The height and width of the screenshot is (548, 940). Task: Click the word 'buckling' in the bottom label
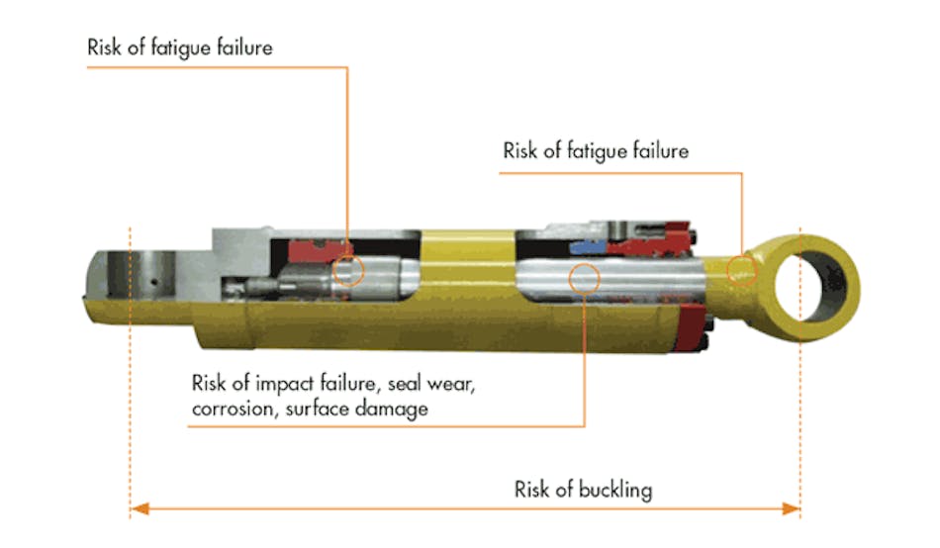pos(614,490)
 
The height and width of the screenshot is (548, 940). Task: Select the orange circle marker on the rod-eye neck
pos(740,270)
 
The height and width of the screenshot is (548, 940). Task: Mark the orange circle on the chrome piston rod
pos(585,279)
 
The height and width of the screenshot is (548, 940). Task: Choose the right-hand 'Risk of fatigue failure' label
pos(596,151)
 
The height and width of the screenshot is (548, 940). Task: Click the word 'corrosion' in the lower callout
pos(232,408)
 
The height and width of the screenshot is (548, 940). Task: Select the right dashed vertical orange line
pos(799,415)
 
